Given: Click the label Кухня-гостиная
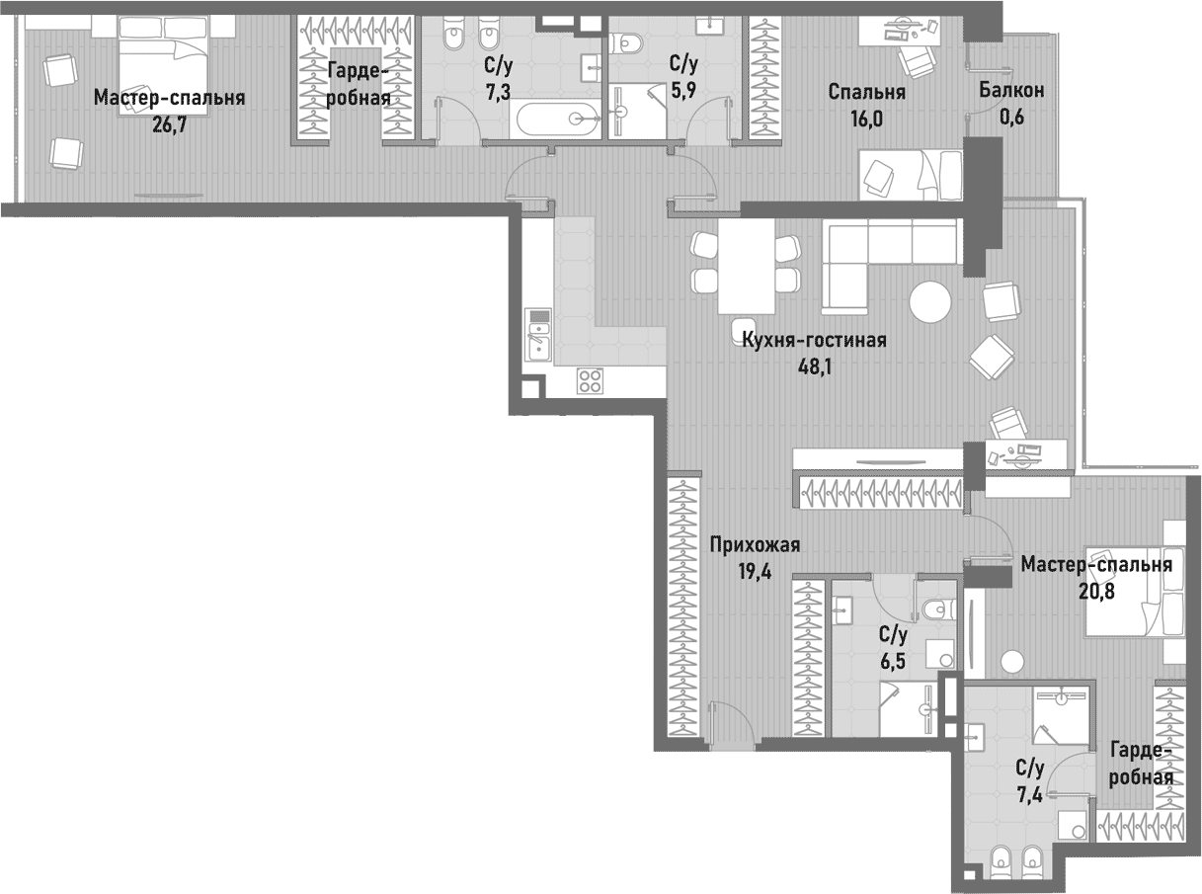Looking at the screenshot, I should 813,341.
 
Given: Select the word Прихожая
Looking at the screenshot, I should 754,544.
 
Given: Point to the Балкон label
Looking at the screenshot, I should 1011,91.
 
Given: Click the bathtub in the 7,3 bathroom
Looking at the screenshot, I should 556,120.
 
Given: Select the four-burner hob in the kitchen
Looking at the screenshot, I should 591,380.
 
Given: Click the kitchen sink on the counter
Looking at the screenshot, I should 538,335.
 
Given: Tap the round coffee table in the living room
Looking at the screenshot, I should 929,302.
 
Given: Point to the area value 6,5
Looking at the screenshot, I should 894,659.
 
